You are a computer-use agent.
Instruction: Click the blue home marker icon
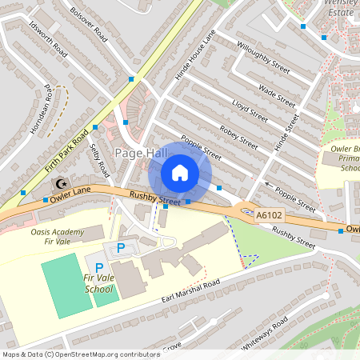coord(180,173)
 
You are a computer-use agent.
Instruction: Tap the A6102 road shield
coord(270,215)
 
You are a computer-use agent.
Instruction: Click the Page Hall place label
coord(140,153)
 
